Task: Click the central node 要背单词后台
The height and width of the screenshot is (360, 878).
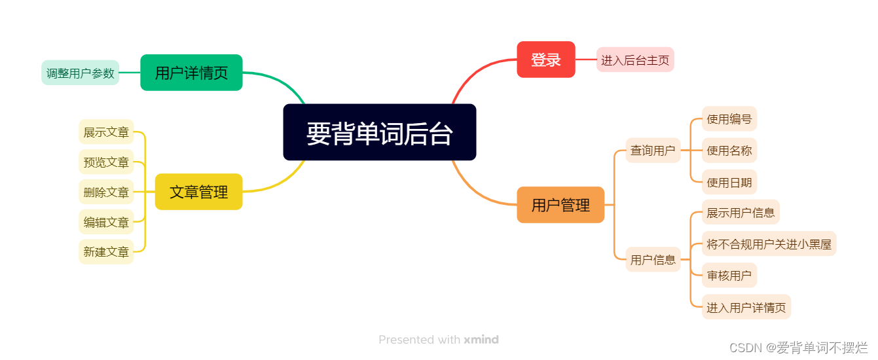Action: (x=379, y=132)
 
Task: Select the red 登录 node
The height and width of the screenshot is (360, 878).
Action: (x=545, y=60)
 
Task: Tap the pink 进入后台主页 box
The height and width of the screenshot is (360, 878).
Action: (x=635, y=60)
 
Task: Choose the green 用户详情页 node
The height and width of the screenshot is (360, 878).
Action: (x=191, y=73)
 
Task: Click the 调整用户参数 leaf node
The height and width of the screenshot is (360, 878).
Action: (x=80, y=73)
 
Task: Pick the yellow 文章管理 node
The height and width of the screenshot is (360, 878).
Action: (x=198, y=192)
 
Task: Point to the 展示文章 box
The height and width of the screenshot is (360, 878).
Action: (x=106, y=132)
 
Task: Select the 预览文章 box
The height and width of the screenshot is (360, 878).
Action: (x=106, y=162)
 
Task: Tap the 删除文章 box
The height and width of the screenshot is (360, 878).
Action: (x=106, y=192)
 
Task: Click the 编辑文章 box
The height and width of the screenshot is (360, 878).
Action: (x=106, y=222)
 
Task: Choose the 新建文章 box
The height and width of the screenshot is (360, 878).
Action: (x=106, y=251)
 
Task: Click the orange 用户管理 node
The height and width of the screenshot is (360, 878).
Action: (x=560, y=205)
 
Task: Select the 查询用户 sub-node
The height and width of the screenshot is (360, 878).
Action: (x=653, y=151)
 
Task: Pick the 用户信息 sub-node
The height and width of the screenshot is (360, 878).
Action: (x=653, y=259)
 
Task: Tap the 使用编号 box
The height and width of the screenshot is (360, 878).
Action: (x=729, y=119)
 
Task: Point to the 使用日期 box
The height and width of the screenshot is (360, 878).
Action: (x=729, y=182)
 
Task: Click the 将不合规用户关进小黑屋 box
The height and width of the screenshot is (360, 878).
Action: (x=769, y=245)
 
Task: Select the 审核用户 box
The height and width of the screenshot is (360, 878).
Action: (x=729, y=276)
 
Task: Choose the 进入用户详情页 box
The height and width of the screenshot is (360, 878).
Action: (x=746, y=307)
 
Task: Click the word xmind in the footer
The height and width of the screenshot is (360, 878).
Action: (x=481, y=340)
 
